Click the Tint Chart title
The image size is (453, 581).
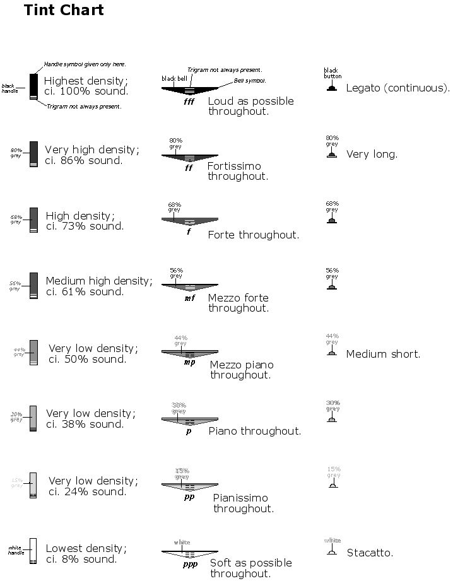tap(64, 11)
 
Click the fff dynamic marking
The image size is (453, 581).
tap(189, 101)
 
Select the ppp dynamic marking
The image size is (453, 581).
tap(190, 563)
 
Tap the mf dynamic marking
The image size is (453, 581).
tap(190, 298)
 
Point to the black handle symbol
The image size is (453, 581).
tap(34, 86)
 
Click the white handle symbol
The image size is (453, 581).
tap(33, 550)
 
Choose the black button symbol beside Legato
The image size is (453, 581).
tap(332, 88)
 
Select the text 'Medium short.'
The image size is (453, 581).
tap(383, 354)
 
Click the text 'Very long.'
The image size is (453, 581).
tap(372, 155)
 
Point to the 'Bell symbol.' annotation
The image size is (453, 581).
tap(250, 81)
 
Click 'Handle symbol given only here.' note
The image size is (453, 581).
tap(85, 64)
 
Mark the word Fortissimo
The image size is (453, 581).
tap(233, 166)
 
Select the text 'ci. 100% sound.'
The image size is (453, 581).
tap(86, 91)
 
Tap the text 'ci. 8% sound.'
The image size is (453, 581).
tap(81, 559)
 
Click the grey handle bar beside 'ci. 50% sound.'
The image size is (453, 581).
tap(33, 351)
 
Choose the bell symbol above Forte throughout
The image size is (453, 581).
tap(190, 220)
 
